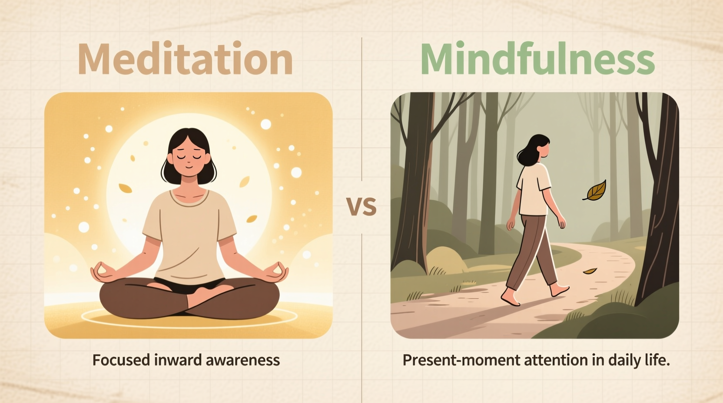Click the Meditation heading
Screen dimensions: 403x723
185,59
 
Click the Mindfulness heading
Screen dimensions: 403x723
537,59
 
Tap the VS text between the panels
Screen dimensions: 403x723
361,207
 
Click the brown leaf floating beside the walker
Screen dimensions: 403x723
596,191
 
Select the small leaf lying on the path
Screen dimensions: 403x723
590,271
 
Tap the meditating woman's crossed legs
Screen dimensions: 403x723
189,300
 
